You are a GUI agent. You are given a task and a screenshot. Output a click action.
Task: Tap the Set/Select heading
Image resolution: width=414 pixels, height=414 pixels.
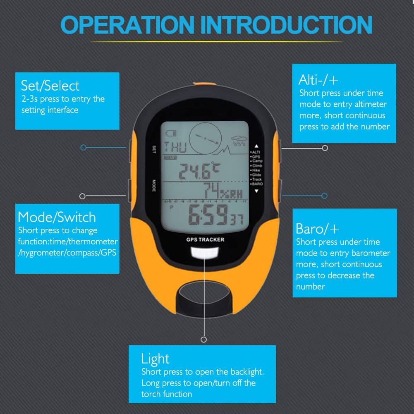pos(50,86)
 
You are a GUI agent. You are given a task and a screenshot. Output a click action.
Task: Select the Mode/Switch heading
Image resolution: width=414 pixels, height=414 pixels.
pos(57,217)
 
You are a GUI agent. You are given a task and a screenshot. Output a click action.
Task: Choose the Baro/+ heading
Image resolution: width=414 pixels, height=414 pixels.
pos(317,228)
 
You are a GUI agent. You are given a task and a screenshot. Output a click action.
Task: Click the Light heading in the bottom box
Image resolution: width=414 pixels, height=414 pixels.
pos(155,358)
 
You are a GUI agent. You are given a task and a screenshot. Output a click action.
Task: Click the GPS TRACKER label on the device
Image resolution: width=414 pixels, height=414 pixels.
pos(205,239)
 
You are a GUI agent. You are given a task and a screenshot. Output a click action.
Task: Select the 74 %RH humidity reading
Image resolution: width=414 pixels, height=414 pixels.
pos(221,191)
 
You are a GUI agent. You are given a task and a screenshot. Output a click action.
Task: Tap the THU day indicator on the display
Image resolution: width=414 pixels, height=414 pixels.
pos(175,147)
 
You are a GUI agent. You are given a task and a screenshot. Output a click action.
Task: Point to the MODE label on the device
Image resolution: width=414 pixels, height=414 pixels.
pos(153,185)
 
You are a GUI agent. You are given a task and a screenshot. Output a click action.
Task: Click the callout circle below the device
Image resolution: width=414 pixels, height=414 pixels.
pos(203,340)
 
